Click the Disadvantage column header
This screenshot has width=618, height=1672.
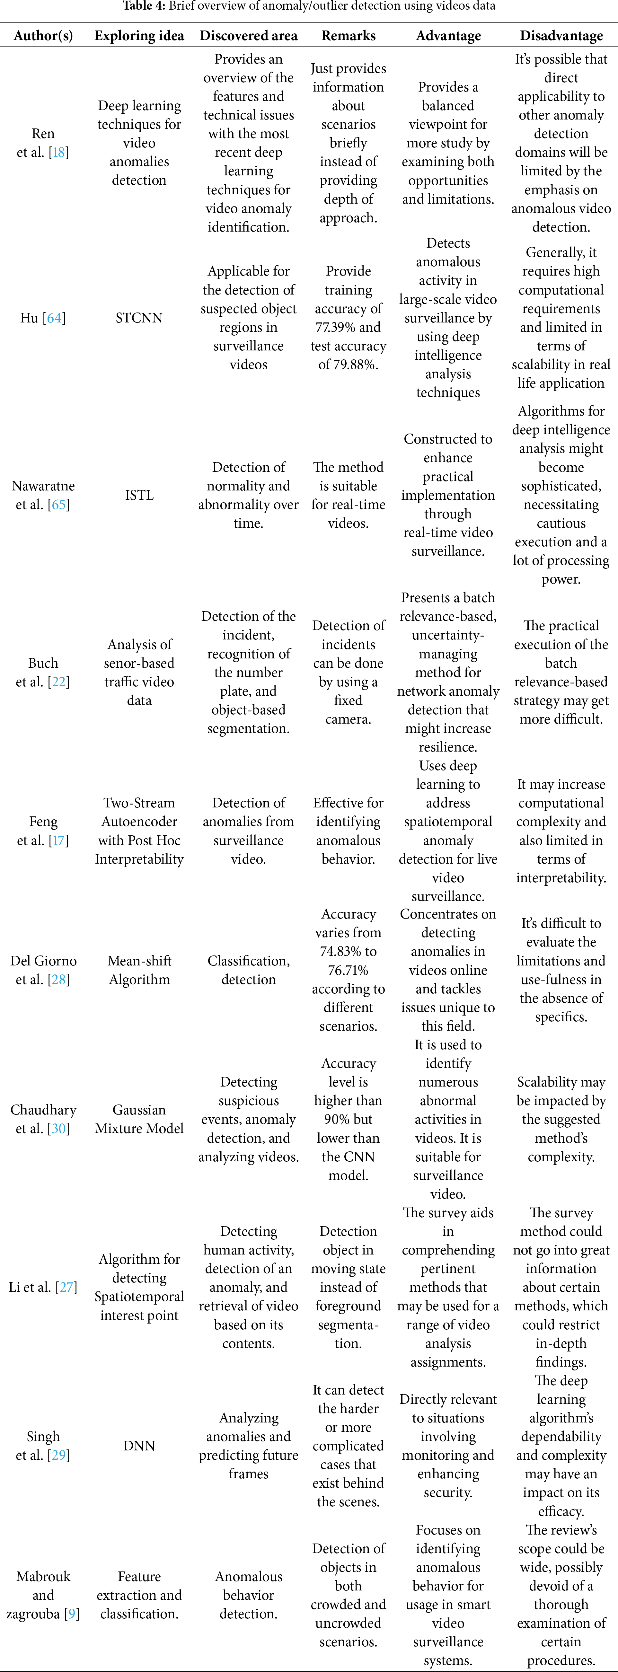click(x=561, y=36)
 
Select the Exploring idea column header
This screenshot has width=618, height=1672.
click(x=139, y=36)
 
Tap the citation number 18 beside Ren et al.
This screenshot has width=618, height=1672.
click(x=59, y=153)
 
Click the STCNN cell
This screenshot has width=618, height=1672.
click(x=139, y=318)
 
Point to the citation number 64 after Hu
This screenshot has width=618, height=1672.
click(x=55, y=318)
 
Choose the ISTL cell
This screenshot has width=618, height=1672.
click(x=139, y=495)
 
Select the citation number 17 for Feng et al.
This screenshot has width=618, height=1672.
click(x=59, y=840)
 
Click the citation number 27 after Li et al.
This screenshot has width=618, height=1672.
click(x=66, y=1287)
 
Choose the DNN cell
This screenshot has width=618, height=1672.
click(x=139, y=1446)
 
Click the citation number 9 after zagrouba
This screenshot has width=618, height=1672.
click(x=71, y=1614)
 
